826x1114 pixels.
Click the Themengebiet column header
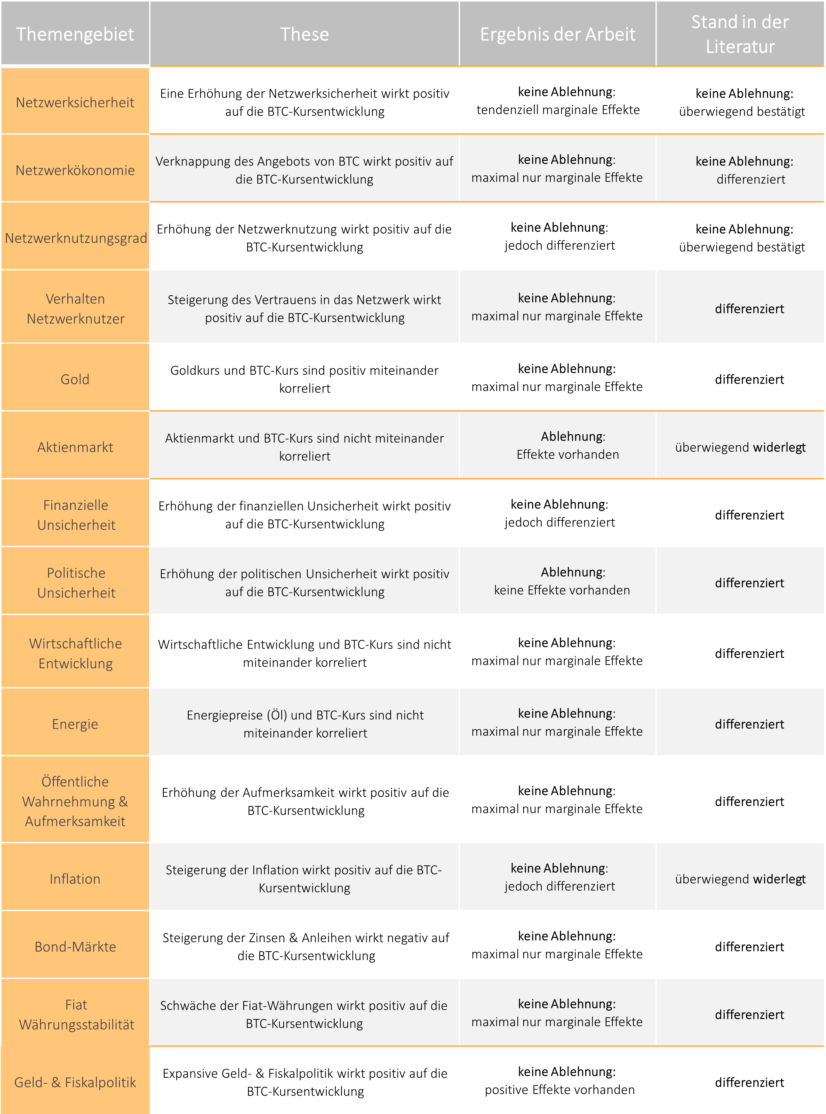pyautogui.click(x=75, y=34)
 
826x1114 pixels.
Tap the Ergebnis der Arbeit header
pyautogui.click(x=558, y=34)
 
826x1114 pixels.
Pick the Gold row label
pyautogui.click(x=75, y=379)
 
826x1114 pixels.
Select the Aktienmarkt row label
pyautogui.click(x=75, y=447)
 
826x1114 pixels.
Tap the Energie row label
pyautogui.click(x=75, y=724)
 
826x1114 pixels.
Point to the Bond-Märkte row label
pyautogui.click(x=75, y=947)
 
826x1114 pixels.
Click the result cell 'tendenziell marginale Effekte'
pyautogui.click(x=558, y=110)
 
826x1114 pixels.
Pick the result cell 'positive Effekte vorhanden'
pyautogui.click(x=559, y=1090)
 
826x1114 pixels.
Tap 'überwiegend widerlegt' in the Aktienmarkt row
pyautogui.click(x=740, y=447)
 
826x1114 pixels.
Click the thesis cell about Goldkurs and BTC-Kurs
pyautogui.click(x=304, y=379)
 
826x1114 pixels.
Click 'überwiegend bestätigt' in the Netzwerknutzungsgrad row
pyautogui.click(x=742, y=247)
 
